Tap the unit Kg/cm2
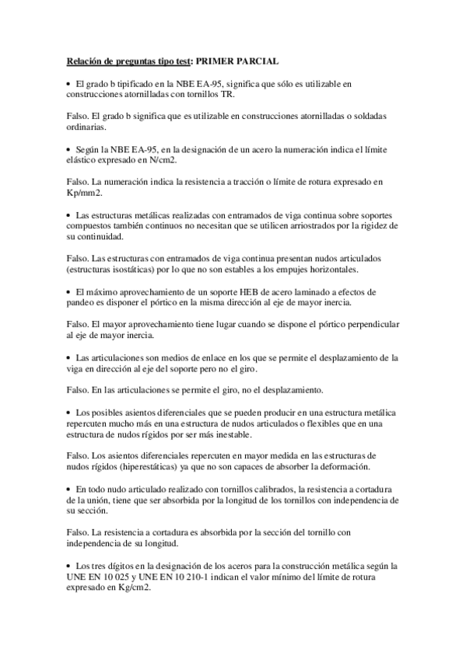132,588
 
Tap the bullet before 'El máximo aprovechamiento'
68,291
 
